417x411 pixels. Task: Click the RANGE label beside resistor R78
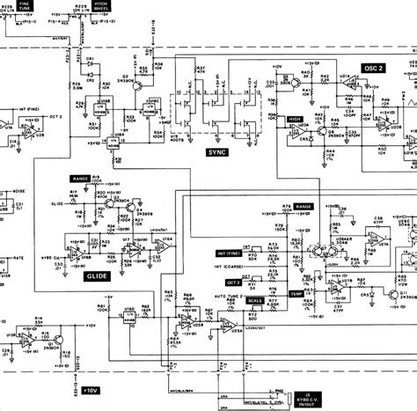pyautogui.click(x=304, y=206)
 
